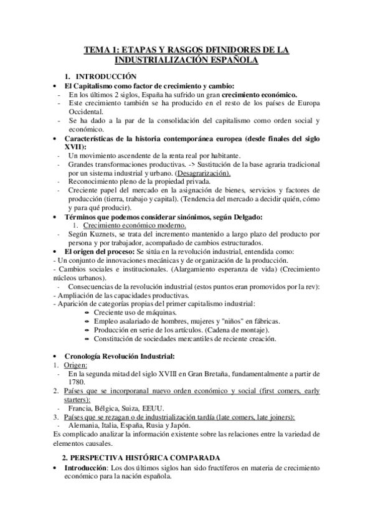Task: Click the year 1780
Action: (76, 382)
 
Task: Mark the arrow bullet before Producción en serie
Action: (85, 330)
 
